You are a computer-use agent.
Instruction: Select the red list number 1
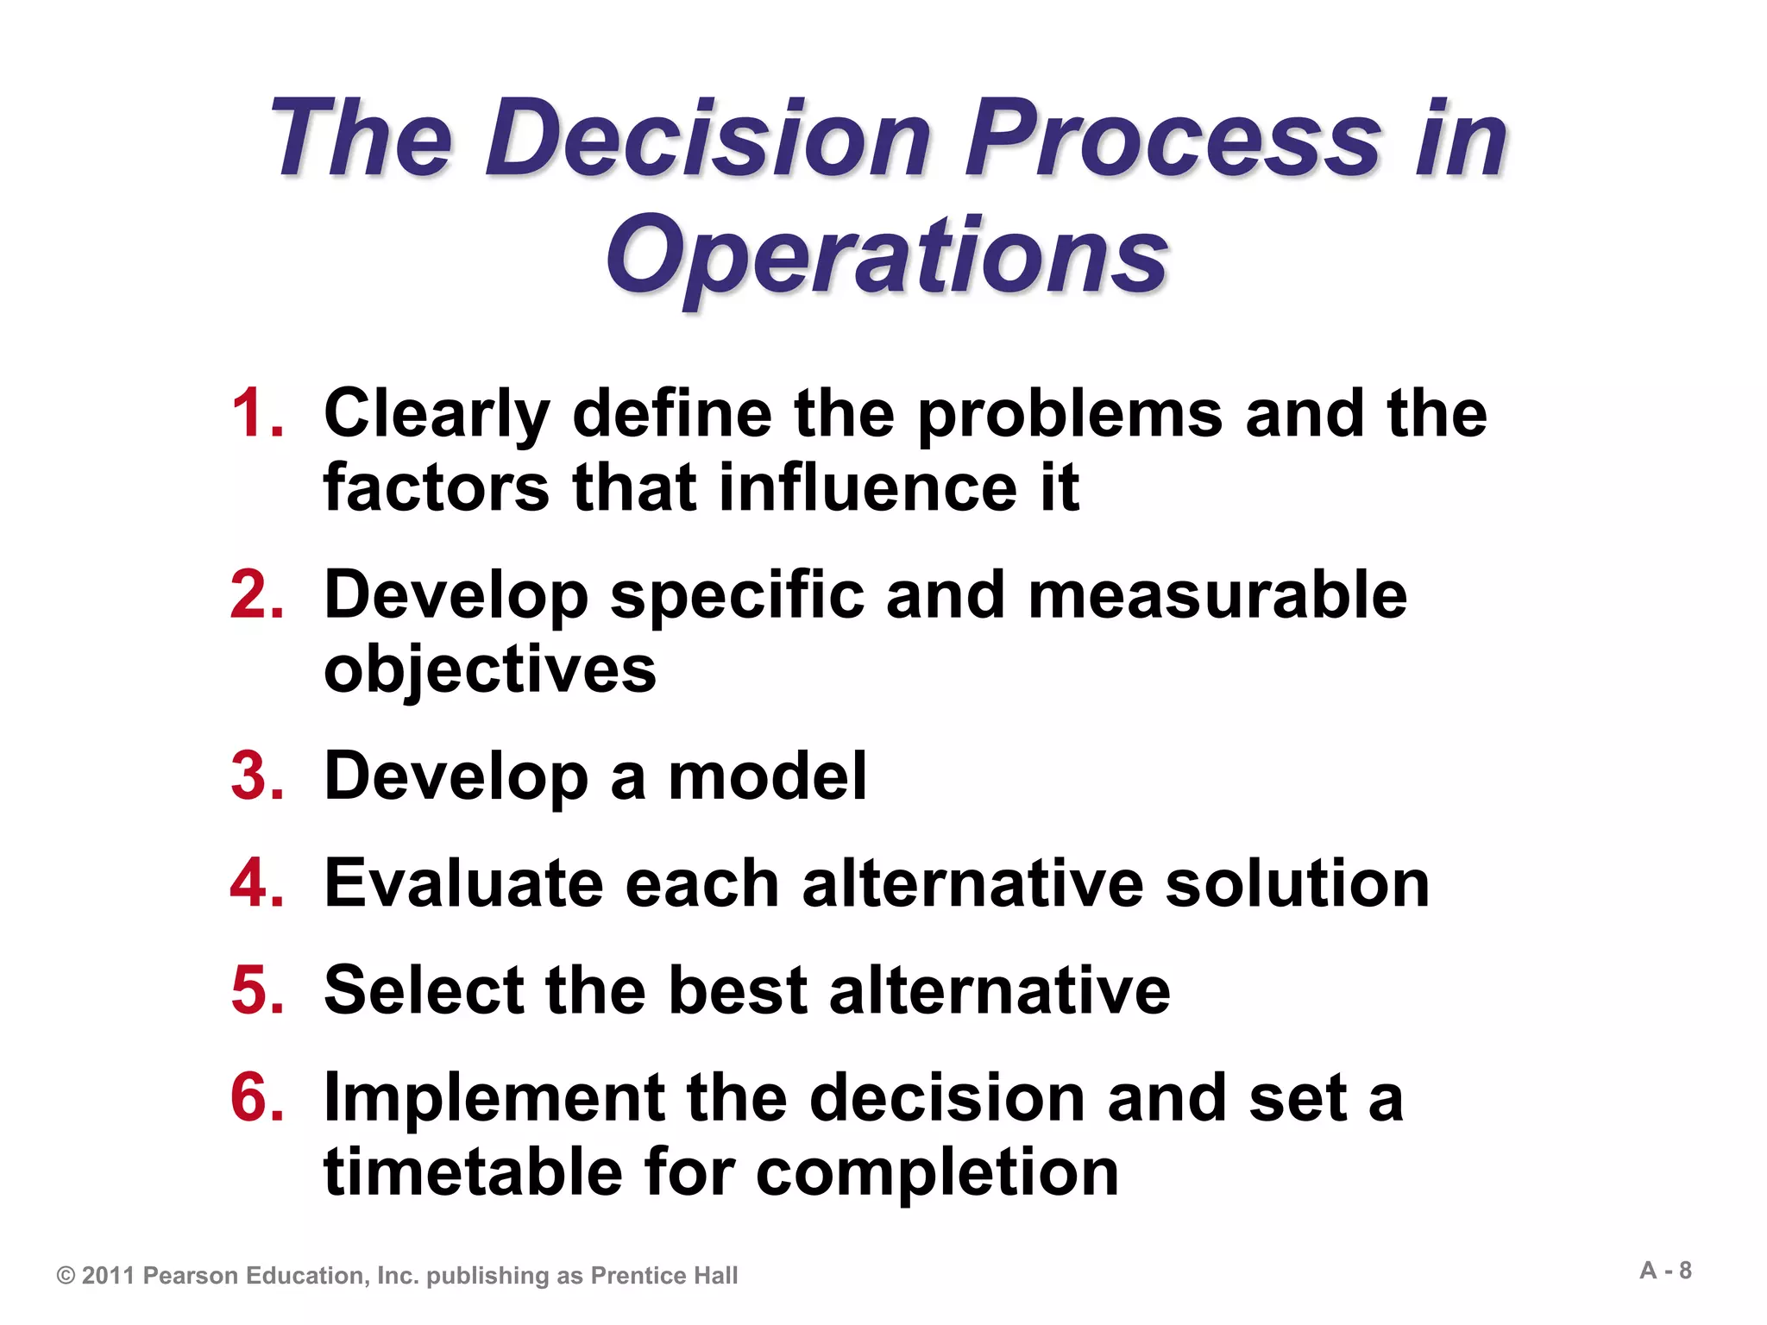point(256,413)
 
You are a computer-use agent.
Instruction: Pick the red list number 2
point(256,594)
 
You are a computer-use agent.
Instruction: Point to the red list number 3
point(256,776)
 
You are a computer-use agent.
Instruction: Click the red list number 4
point(256,883)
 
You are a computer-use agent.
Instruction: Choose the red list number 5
point(256,989)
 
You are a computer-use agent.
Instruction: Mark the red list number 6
point(256,1097)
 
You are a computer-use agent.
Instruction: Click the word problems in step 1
point(1069,415)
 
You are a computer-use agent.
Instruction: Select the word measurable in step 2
point(1217,594)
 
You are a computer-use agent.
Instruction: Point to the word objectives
point(489,670)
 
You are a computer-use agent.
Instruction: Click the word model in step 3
point(767,776)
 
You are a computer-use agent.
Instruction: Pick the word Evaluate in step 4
point(464,883)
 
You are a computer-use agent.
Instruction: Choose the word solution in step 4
point(1297,883)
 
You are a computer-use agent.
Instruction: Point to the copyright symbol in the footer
point(66,1276)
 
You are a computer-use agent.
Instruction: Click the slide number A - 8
point(1665,1271)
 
